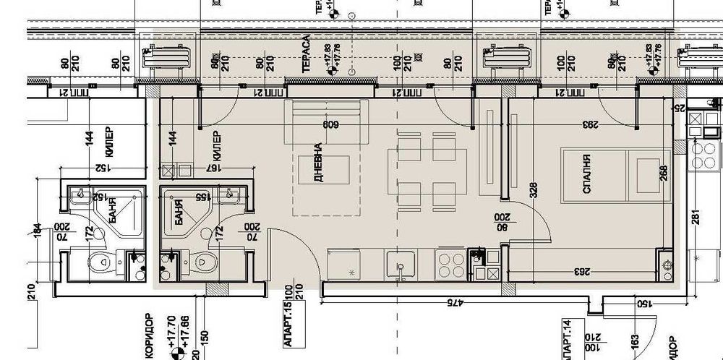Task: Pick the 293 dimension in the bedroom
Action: pyautogui.click(x=591, y=125)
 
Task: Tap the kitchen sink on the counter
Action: pyautogui.click(x=399, y=265)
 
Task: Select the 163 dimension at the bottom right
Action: pyautogui.click(x=633, y=340)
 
